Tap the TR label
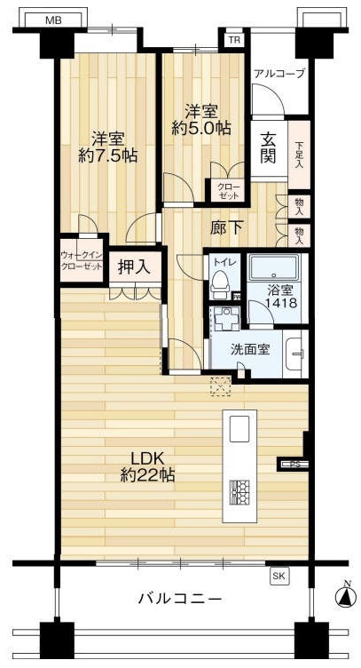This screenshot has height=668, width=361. (234, 40)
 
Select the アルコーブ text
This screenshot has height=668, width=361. (279, 74)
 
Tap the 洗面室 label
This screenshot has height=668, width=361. (252, 350)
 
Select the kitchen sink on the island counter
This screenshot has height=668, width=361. (240, 430)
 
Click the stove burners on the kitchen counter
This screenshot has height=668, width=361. (240, 491)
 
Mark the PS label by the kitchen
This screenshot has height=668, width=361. (294, 463)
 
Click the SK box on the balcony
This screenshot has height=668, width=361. (279, 577)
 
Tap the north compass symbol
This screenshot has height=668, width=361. (344, 596)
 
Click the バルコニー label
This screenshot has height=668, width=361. (180, 599)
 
